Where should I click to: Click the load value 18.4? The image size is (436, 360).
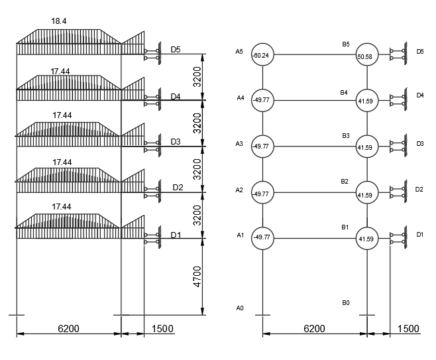[x=59, y=21]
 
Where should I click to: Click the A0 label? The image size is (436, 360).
[x=240, y=308]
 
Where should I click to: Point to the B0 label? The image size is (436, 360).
[x=346, y=303]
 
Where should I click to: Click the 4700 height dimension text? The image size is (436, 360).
[x=197, y=276]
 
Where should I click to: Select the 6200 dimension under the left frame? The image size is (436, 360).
[x=68, y=329]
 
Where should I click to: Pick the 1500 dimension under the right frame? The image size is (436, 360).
[x=408, y=329]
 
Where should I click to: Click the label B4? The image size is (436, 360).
[x=344, y=93]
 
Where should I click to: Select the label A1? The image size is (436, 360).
[x=241, y=235]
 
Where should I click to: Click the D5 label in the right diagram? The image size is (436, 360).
[x=420, y=52]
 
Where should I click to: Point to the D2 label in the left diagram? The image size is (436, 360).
[x=178, y=188]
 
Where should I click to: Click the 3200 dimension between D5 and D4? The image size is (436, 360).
[x=197, y=77]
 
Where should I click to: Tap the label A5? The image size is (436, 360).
[x=239, y=52]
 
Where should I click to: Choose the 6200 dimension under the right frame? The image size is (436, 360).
[x=314, y=329]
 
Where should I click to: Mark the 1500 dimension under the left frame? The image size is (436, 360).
[x=162, y=329]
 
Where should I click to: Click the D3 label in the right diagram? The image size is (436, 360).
[x=420, y=144]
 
